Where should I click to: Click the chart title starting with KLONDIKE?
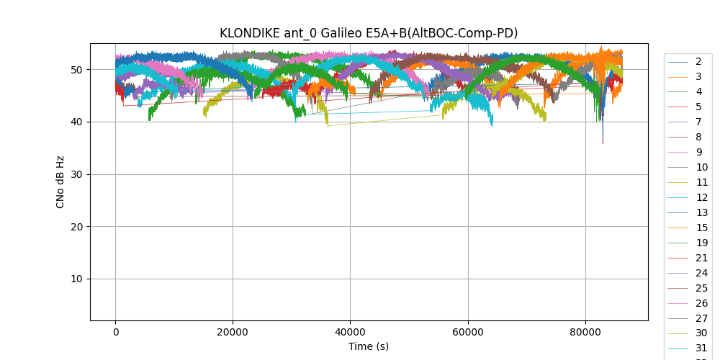pyautogui.click(x=369, y=33)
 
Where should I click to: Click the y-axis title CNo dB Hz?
pyautogui.click(x=60, y=182)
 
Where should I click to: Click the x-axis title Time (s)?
pyautogui.click(x=369, y=346)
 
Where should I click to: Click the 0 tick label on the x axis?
pyautogui.click(x=115, y=331)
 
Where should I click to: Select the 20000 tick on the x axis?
pyautogui.click(x=233, y=331)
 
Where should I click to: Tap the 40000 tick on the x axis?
pyautogui.click(x=350, y=331)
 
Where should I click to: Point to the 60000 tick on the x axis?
pyautogui.click(x=468, y=331)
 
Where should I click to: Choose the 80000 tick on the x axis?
pyautogui.click(x=585, y=331)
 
